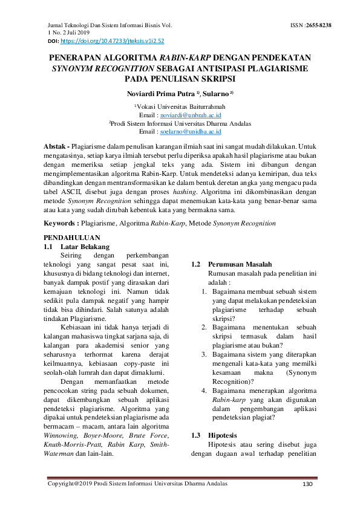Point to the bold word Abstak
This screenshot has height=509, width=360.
pyautogui.click(x=57, y=147)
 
